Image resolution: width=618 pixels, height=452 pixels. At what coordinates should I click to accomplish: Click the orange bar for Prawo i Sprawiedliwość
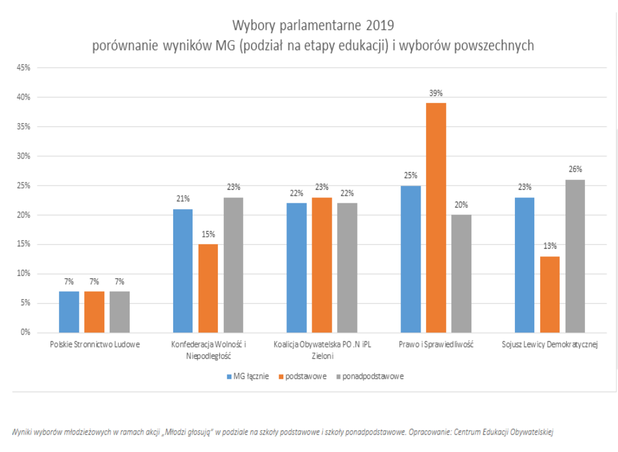(436, 217)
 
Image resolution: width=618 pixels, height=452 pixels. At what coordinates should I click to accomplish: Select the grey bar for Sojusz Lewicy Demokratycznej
(575, 256)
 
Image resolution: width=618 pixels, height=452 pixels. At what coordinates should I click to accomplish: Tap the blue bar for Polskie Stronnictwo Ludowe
(69, 312)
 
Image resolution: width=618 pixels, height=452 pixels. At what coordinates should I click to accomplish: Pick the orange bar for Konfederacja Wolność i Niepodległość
(208, 288)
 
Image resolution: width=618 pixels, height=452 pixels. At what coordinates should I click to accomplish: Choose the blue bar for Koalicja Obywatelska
(296, 268)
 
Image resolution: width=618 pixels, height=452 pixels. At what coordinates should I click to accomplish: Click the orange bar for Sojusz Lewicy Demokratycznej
(550, 294)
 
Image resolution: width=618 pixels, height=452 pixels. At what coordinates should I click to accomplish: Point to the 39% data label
(436, 93)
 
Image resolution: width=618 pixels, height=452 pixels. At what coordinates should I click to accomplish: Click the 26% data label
(575, 169)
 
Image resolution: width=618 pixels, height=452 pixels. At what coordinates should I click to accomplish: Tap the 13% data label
(550, 246)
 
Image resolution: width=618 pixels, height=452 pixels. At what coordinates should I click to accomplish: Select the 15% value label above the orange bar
(208, 234)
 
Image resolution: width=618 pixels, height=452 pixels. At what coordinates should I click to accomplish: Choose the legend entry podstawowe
(305, 376)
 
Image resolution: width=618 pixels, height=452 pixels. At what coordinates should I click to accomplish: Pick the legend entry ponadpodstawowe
(369, 376)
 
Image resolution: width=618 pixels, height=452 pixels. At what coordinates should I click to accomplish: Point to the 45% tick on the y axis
(24, 68)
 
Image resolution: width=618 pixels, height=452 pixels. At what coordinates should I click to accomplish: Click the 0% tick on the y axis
(25, 332)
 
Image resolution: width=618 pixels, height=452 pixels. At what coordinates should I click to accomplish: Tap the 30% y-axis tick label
(24, 156)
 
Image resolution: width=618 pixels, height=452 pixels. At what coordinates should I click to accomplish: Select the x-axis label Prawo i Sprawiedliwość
(435, 344)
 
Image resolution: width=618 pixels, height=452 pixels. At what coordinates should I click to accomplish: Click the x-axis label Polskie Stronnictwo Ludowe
(94, 344)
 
